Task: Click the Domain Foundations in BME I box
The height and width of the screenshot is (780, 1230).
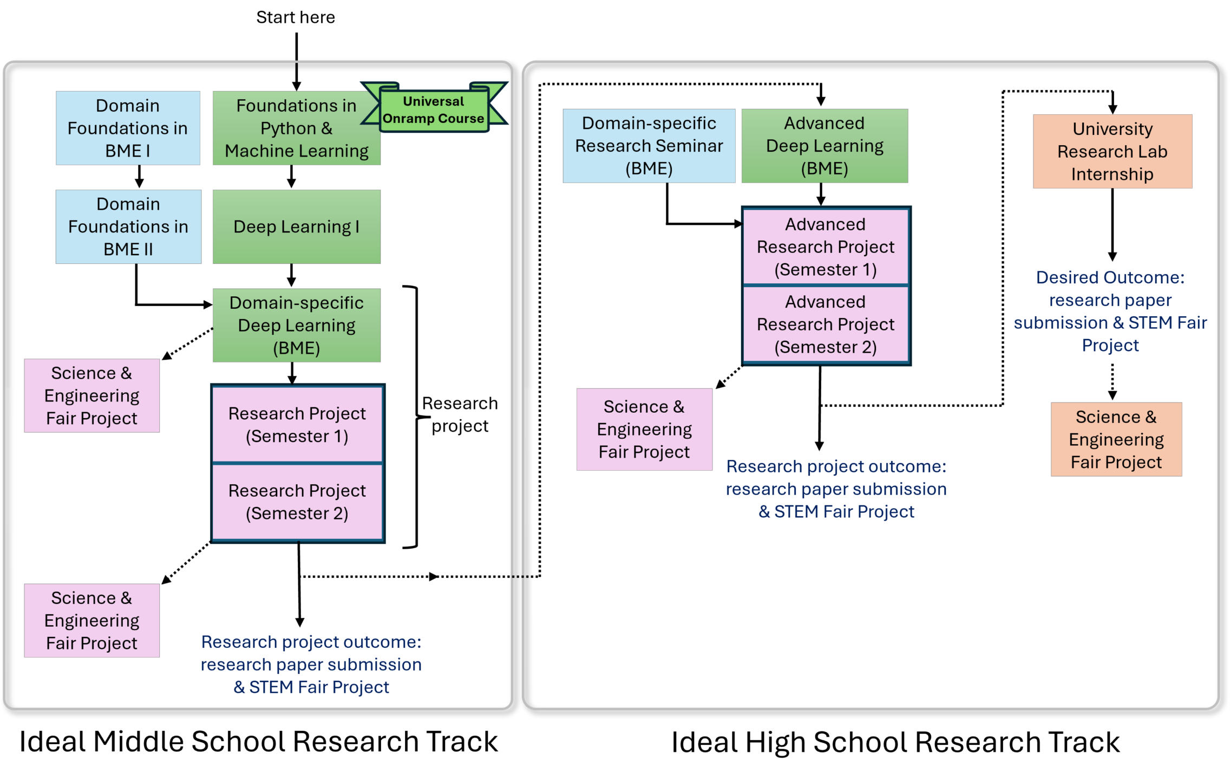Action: [x=128, y=128]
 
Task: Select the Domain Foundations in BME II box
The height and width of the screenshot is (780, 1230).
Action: [x=128, y=227]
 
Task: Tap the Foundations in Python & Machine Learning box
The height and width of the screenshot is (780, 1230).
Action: [x=296, y=128]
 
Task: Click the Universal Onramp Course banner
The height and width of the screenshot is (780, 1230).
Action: [x=434, y=110]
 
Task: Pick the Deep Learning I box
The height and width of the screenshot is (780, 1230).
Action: [x=296, y=227]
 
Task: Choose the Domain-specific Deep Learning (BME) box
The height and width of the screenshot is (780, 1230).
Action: [x=296, y=326]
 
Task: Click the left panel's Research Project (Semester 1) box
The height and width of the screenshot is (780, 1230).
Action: [x=297, y=425]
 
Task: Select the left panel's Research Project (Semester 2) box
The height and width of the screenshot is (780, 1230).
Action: [x=297, y=502]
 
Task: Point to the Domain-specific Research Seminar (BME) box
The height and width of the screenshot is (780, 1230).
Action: [x=649, y=146]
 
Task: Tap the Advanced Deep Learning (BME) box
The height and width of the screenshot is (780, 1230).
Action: [x=825, y=146]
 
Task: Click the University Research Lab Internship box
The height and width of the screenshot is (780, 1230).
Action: [x=1113, y=152]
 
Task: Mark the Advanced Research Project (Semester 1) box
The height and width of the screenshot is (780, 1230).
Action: [x=826, y=247]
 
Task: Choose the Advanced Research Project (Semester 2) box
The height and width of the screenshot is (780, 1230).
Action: [x=826, y=324]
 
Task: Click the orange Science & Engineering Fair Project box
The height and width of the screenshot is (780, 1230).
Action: [x=1116, y=439]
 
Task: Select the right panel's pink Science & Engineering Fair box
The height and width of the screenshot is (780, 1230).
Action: [x=644, y=430]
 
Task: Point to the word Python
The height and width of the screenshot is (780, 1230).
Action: [x=288, y=129]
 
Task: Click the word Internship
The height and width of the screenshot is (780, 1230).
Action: [x=1113, y=174]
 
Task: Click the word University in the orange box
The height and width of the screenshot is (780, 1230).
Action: [x=1113, y=129]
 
